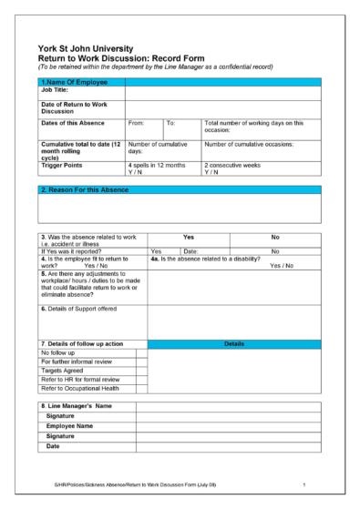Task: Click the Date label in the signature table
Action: pos(54,446)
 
